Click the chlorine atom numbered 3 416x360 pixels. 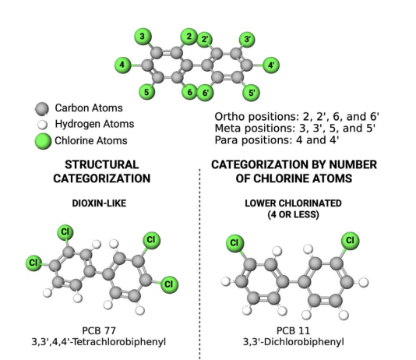(x=143, y=37)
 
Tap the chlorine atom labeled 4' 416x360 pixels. (x=271, y=65)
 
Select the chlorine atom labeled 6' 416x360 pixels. (x=205, y=93)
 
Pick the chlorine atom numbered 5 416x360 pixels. (x=146, y=92)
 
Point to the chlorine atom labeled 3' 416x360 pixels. (x=247, y=40)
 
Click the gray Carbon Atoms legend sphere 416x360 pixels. (x=41, y=109)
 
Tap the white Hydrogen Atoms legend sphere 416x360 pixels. (x=42, y=125)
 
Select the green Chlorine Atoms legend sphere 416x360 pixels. (x=43, y=141)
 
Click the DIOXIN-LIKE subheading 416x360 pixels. (x=99, y=203)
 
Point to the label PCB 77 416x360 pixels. (x=99, y=331)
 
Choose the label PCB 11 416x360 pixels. (x=293, y=331)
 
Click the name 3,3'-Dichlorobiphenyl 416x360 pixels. (x=294, y=342)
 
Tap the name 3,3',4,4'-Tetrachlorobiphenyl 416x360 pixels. (x=99, y=342)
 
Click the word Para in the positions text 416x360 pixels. (x=226, y=139)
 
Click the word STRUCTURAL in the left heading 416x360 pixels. (x=102, y=164)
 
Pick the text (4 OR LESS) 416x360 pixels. (x=293, y=214)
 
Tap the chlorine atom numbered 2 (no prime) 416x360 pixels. (x=189, y=37)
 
